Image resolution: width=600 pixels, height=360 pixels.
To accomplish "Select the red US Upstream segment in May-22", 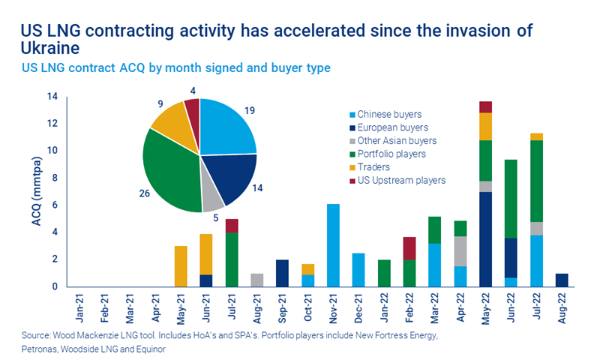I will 486,106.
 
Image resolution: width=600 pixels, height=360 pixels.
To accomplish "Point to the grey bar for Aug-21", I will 257,280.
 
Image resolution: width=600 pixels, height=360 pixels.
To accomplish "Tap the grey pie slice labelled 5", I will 214,198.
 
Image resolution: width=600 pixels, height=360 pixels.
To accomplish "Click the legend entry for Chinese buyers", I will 389,115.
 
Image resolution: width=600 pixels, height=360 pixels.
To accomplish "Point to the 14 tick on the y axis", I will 52,97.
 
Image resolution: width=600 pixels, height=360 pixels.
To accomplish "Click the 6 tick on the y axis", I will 55,205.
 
